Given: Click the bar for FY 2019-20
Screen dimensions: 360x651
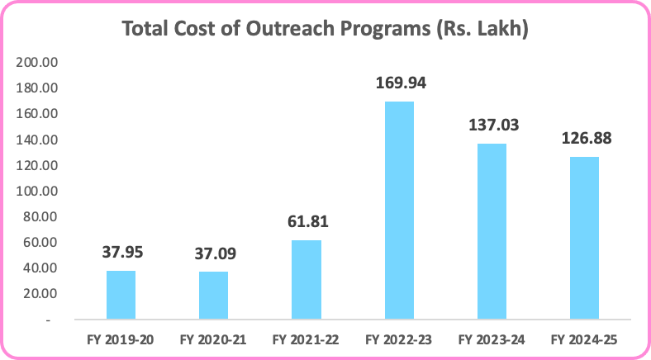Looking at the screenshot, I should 121,295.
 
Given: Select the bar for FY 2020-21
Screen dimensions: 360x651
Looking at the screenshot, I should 213,295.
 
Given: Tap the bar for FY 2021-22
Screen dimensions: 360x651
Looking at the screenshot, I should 306,279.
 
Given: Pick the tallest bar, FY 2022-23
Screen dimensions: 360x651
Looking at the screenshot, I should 399,210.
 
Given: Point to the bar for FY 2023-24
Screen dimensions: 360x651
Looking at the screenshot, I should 492,231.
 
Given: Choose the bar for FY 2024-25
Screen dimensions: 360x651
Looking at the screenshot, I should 584,238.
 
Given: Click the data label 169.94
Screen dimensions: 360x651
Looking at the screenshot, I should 399,83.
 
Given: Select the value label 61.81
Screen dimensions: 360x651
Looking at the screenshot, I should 306,221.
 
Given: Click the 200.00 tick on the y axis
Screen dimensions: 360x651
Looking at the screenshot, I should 38,63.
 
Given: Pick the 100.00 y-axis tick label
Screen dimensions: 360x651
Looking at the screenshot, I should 38,191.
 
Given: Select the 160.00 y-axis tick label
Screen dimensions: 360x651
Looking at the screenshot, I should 38,114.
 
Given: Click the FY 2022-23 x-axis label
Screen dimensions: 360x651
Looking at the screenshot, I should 399,339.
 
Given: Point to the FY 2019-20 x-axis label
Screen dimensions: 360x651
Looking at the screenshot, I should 121,339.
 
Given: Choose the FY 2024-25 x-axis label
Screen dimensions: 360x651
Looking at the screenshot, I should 584,339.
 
